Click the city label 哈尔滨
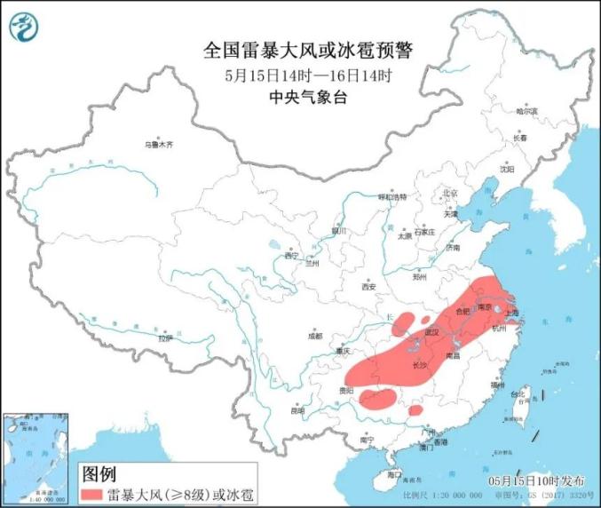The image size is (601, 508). [527, 112]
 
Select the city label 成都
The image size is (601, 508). [316, 336]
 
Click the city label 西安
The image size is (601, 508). [369, 287]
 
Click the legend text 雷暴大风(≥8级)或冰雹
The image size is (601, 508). [172, 490]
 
